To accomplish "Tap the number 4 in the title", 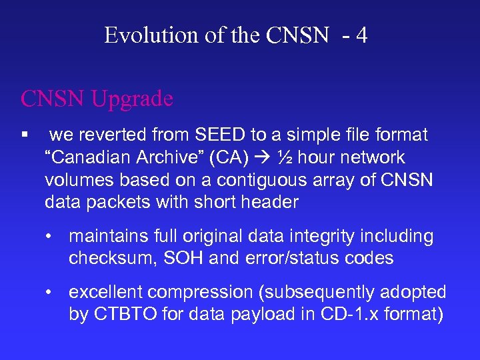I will click(361, 35).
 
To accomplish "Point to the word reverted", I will click(113, 135).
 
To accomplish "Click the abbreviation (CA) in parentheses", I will click(235, 157).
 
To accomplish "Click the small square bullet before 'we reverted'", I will click(25, 135).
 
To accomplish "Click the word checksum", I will click(111, 258).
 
